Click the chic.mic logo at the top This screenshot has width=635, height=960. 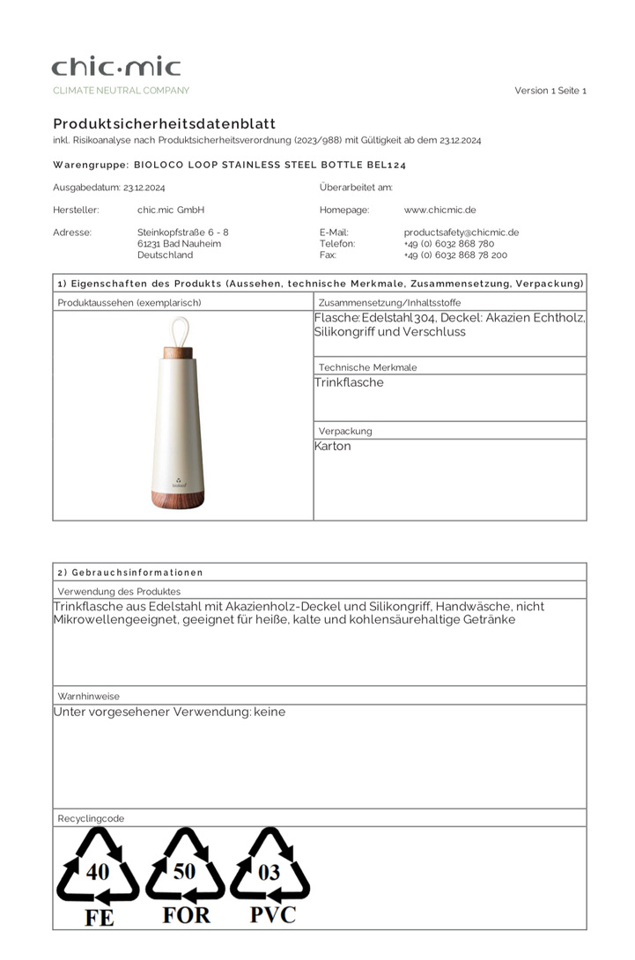click(x=116, y=67)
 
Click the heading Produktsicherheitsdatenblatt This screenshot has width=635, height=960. click(x=164, y=124)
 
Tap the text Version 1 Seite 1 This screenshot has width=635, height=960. click(x=550, y=91)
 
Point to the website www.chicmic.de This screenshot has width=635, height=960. click(x=439, y=210)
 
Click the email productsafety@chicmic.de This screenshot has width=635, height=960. click(x=461, y=233)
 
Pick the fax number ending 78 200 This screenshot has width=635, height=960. click(x=455, y=255)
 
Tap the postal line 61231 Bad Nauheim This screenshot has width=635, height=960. click(x=179, y=244)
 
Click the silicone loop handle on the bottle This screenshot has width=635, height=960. click(x=183, y=330)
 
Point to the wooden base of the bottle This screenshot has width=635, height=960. click(x=183, y=498)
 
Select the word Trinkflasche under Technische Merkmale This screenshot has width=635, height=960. click(x=349, y=383)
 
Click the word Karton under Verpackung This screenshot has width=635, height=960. click(x=333, y=447)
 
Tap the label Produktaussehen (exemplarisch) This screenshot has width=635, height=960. click(x=129, y=302)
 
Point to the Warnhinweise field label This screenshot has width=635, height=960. click(x=88, y=696)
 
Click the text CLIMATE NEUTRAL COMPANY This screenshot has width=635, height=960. click(x=121, y=91)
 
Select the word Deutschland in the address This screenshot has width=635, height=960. click(x=165, y=255)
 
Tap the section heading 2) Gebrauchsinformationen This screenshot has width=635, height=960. click(x=130, y=572)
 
